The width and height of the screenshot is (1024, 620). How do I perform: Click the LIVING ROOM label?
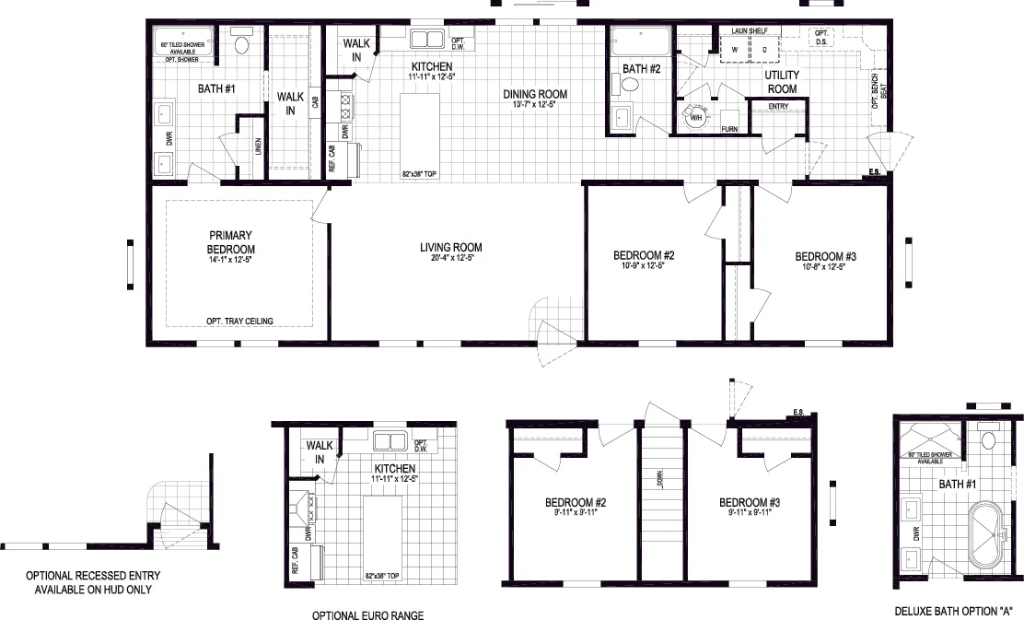[450, 247]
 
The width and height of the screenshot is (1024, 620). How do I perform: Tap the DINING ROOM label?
[534, 94]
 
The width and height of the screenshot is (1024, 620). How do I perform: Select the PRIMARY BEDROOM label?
[230, 242]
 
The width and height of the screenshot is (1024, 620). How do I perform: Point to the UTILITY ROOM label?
[782, 82]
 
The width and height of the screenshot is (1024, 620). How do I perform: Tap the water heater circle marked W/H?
[694, 117]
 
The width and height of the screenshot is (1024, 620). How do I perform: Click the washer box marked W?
[735, 49]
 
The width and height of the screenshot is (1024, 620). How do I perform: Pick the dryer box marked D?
[763, 49]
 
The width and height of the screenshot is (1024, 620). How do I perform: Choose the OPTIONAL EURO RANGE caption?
[368, 615]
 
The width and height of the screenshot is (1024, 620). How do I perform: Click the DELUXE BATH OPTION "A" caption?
[953, 610]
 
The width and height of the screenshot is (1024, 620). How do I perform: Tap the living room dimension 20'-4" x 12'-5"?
[450, 259]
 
